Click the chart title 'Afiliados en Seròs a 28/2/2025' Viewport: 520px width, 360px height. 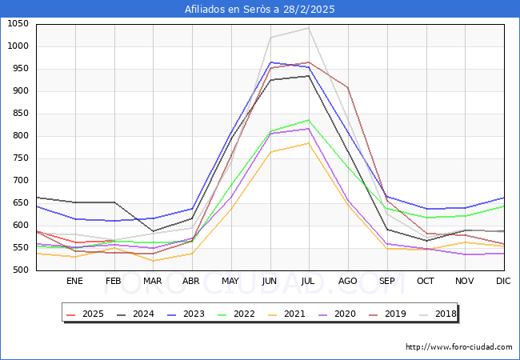tap(260, 10)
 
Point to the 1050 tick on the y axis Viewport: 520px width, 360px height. tap(18, 24)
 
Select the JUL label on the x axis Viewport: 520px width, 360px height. tap(309, 282)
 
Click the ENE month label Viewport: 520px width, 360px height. tap(74, 282)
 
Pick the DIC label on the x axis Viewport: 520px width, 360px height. tap(503, 282)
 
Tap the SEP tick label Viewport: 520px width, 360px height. tap(386, 282)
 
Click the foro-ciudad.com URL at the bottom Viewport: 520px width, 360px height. tap(459, 347)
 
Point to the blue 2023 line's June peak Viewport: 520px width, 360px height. tap(270, 62)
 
